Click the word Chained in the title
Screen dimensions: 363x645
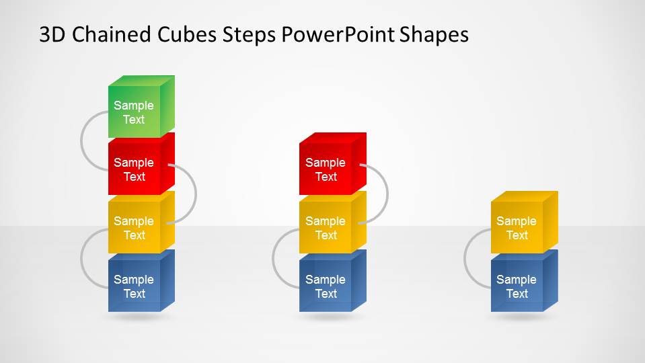[x=109, y=35]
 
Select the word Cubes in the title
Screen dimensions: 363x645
[x=181, y=35]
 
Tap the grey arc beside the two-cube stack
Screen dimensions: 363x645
[x=467, y=259]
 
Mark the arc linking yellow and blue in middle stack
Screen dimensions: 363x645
[x=275, y=259]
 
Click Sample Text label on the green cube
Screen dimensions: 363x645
[x=134, y=112]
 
